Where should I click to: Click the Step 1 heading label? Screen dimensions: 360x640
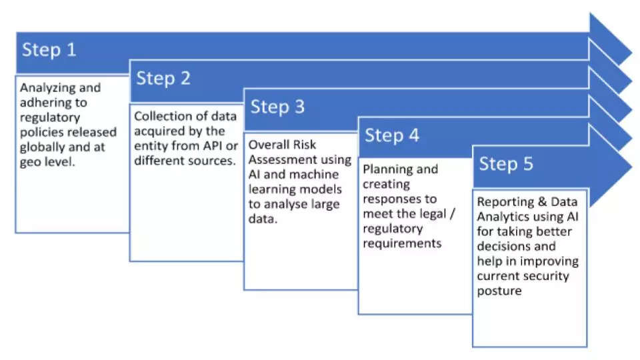coord(49,50)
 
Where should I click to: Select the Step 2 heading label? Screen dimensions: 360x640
coord(163,78)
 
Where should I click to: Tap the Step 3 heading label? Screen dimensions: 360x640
coord(277,107)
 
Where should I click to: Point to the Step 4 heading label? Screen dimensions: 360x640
coord(392,135)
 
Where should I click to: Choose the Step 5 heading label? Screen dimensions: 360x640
coord(506,164)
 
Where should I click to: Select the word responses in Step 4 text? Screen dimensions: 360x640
coord(399,199)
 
